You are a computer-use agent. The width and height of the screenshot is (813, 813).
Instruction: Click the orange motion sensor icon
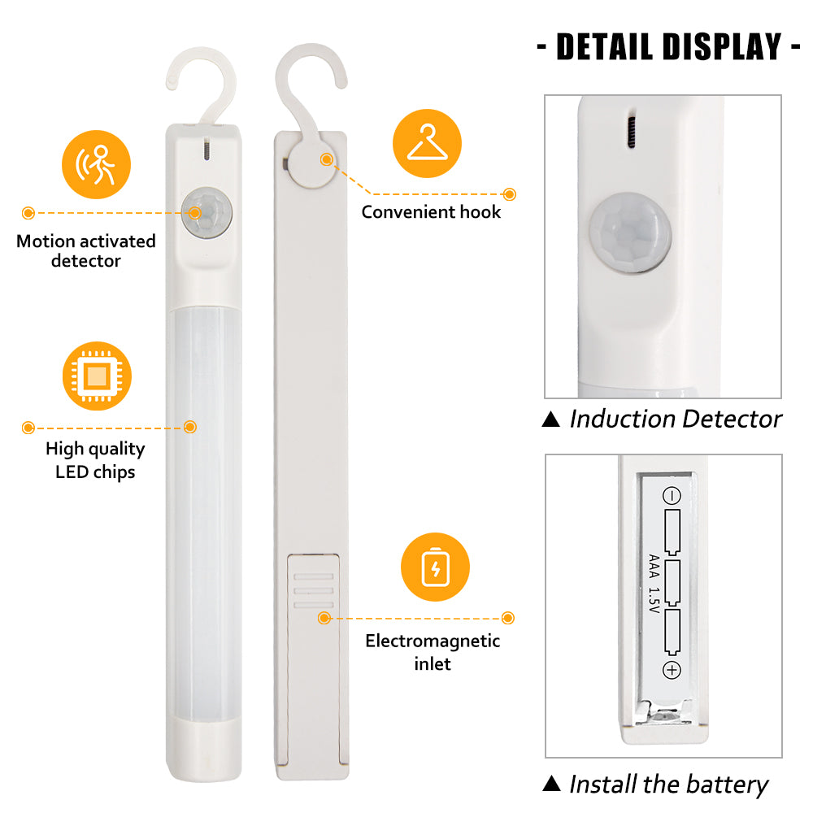[x=97, y=164]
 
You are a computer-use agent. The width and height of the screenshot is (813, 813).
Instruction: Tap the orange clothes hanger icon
[x=428, y=144]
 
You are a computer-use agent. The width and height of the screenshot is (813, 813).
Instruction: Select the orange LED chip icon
[x=97, y=376]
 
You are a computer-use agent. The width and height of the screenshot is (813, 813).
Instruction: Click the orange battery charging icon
[x=436, y=567]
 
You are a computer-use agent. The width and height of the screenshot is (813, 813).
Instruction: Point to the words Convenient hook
[x=431, y=212]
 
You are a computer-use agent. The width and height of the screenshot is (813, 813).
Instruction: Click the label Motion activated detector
[x=86, y=251]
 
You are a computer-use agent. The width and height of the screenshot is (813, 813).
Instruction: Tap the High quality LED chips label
[x=95, y=460]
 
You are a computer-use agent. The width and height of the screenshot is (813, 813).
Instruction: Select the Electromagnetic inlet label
[x=433, y=652]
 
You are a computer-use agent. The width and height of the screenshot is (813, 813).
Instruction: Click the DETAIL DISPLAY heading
[x=669, y=46]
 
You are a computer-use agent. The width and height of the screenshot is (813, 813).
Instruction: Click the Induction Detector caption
[x=676, y=419]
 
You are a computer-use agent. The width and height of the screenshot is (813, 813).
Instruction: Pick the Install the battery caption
[x=669, y=785]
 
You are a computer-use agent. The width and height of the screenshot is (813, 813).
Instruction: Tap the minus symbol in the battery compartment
[x=672, y=496]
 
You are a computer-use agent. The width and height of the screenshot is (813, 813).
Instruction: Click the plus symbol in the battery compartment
[x=672, y=671]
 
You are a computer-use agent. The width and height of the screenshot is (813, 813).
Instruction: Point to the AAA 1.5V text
[x=654, y=584]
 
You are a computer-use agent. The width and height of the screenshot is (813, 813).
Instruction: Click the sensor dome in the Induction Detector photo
[x=631, y=233]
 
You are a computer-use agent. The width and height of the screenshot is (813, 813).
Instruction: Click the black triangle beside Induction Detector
[x=551, y=419]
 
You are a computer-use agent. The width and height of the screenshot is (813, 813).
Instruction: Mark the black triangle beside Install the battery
[x=552, y=783]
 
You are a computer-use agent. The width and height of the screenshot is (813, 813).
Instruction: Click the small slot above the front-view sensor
[x=207, y=149]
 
